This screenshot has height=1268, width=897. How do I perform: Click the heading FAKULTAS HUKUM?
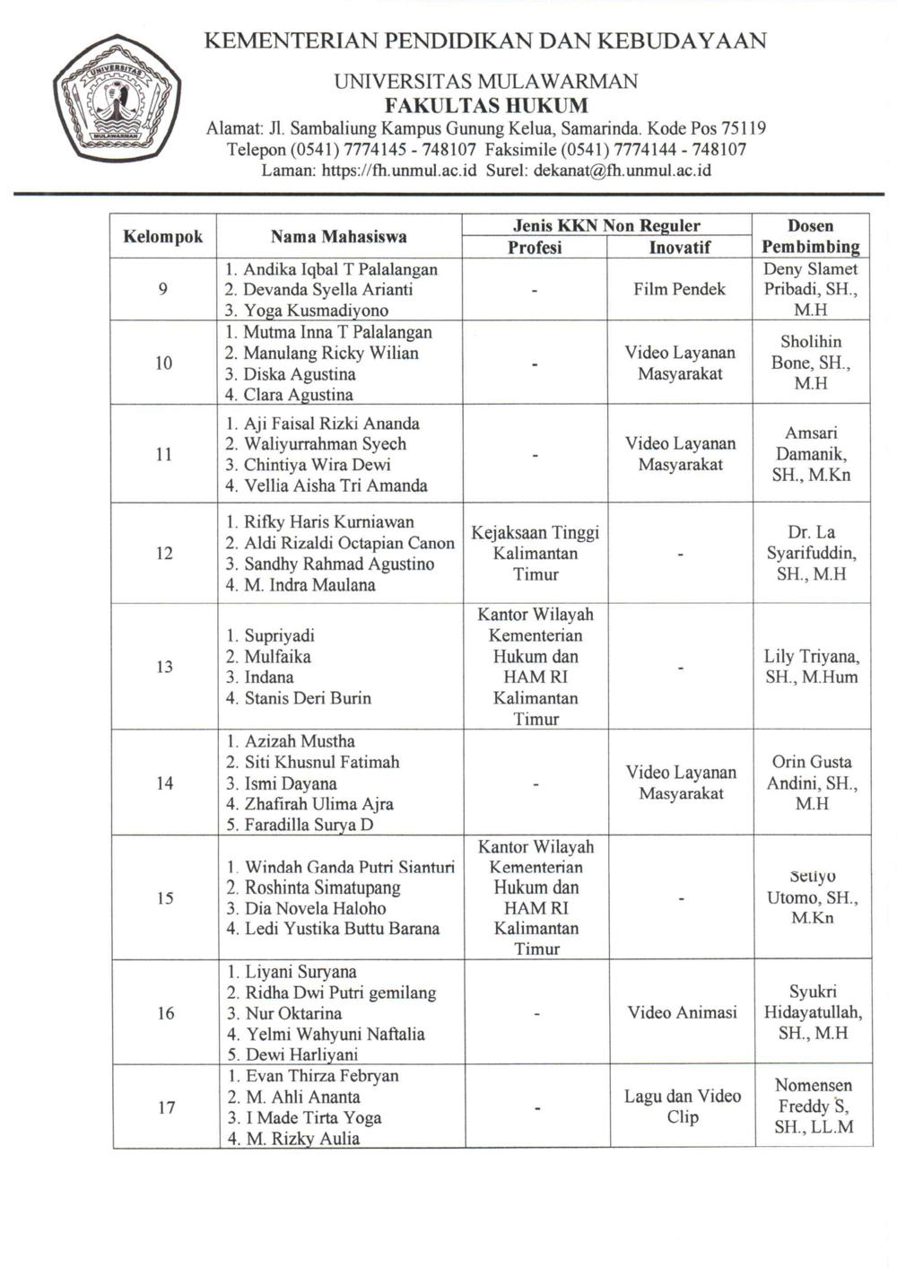485,106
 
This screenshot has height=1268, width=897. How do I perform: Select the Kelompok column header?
163,237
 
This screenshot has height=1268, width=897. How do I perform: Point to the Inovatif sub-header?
679,247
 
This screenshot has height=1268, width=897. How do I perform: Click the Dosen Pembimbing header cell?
810,236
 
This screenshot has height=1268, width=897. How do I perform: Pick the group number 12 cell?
164,553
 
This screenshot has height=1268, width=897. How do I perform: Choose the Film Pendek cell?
679,289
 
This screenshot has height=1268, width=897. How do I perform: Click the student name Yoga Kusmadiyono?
316,310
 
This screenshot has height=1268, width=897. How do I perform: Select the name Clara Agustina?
298,394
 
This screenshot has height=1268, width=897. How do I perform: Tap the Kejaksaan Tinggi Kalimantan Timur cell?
536,553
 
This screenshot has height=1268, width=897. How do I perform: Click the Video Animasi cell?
682,1012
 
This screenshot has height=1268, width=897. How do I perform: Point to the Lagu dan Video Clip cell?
682,1106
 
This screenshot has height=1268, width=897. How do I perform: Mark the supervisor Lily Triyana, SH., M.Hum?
811,667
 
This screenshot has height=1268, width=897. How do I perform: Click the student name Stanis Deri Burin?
307,697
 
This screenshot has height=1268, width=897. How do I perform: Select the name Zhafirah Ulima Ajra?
318,803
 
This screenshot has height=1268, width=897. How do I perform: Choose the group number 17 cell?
166,1107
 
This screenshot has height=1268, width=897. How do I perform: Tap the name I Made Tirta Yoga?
313,1117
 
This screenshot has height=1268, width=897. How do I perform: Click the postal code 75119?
740,128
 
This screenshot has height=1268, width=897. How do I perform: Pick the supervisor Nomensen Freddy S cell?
813,1106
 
